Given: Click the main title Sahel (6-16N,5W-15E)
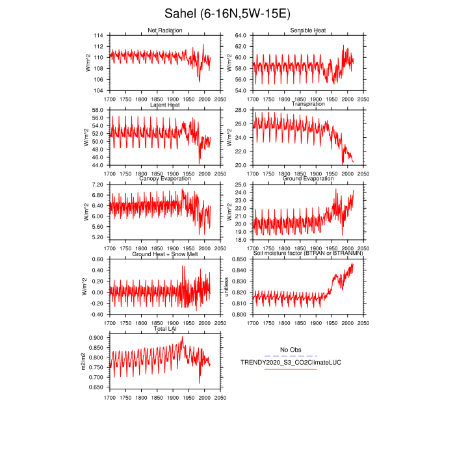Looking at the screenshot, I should click(227, 13).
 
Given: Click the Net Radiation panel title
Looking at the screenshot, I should click(164, 31).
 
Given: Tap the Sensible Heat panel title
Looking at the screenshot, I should click(308, 31).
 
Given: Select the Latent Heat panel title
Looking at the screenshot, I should click(164, 104).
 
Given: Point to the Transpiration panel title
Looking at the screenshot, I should click(308, 104).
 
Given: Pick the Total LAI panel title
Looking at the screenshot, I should click(164, 329).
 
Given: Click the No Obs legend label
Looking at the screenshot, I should click(291, 350).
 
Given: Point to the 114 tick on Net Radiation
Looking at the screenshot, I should click(98, 35).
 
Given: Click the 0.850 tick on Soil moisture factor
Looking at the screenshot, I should click(240, 260).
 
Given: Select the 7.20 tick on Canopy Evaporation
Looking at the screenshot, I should click(98, 185).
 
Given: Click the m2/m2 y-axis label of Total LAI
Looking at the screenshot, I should click(84, 361).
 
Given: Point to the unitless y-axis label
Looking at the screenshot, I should click(227, 287).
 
